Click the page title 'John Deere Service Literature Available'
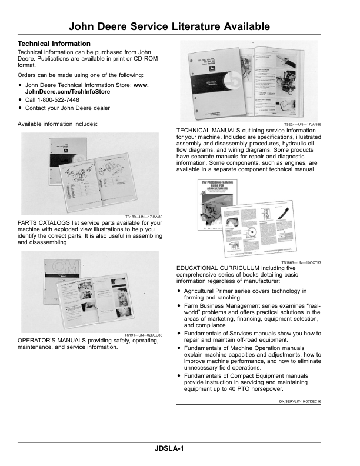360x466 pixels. pyautogui.click(x=169, y=27)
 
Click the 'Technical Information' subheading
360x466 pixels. pyautogui.click(x=54, y=44)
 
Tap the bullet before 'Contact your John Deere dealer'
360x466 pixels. pyautogui.click(x=20, y=108)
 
